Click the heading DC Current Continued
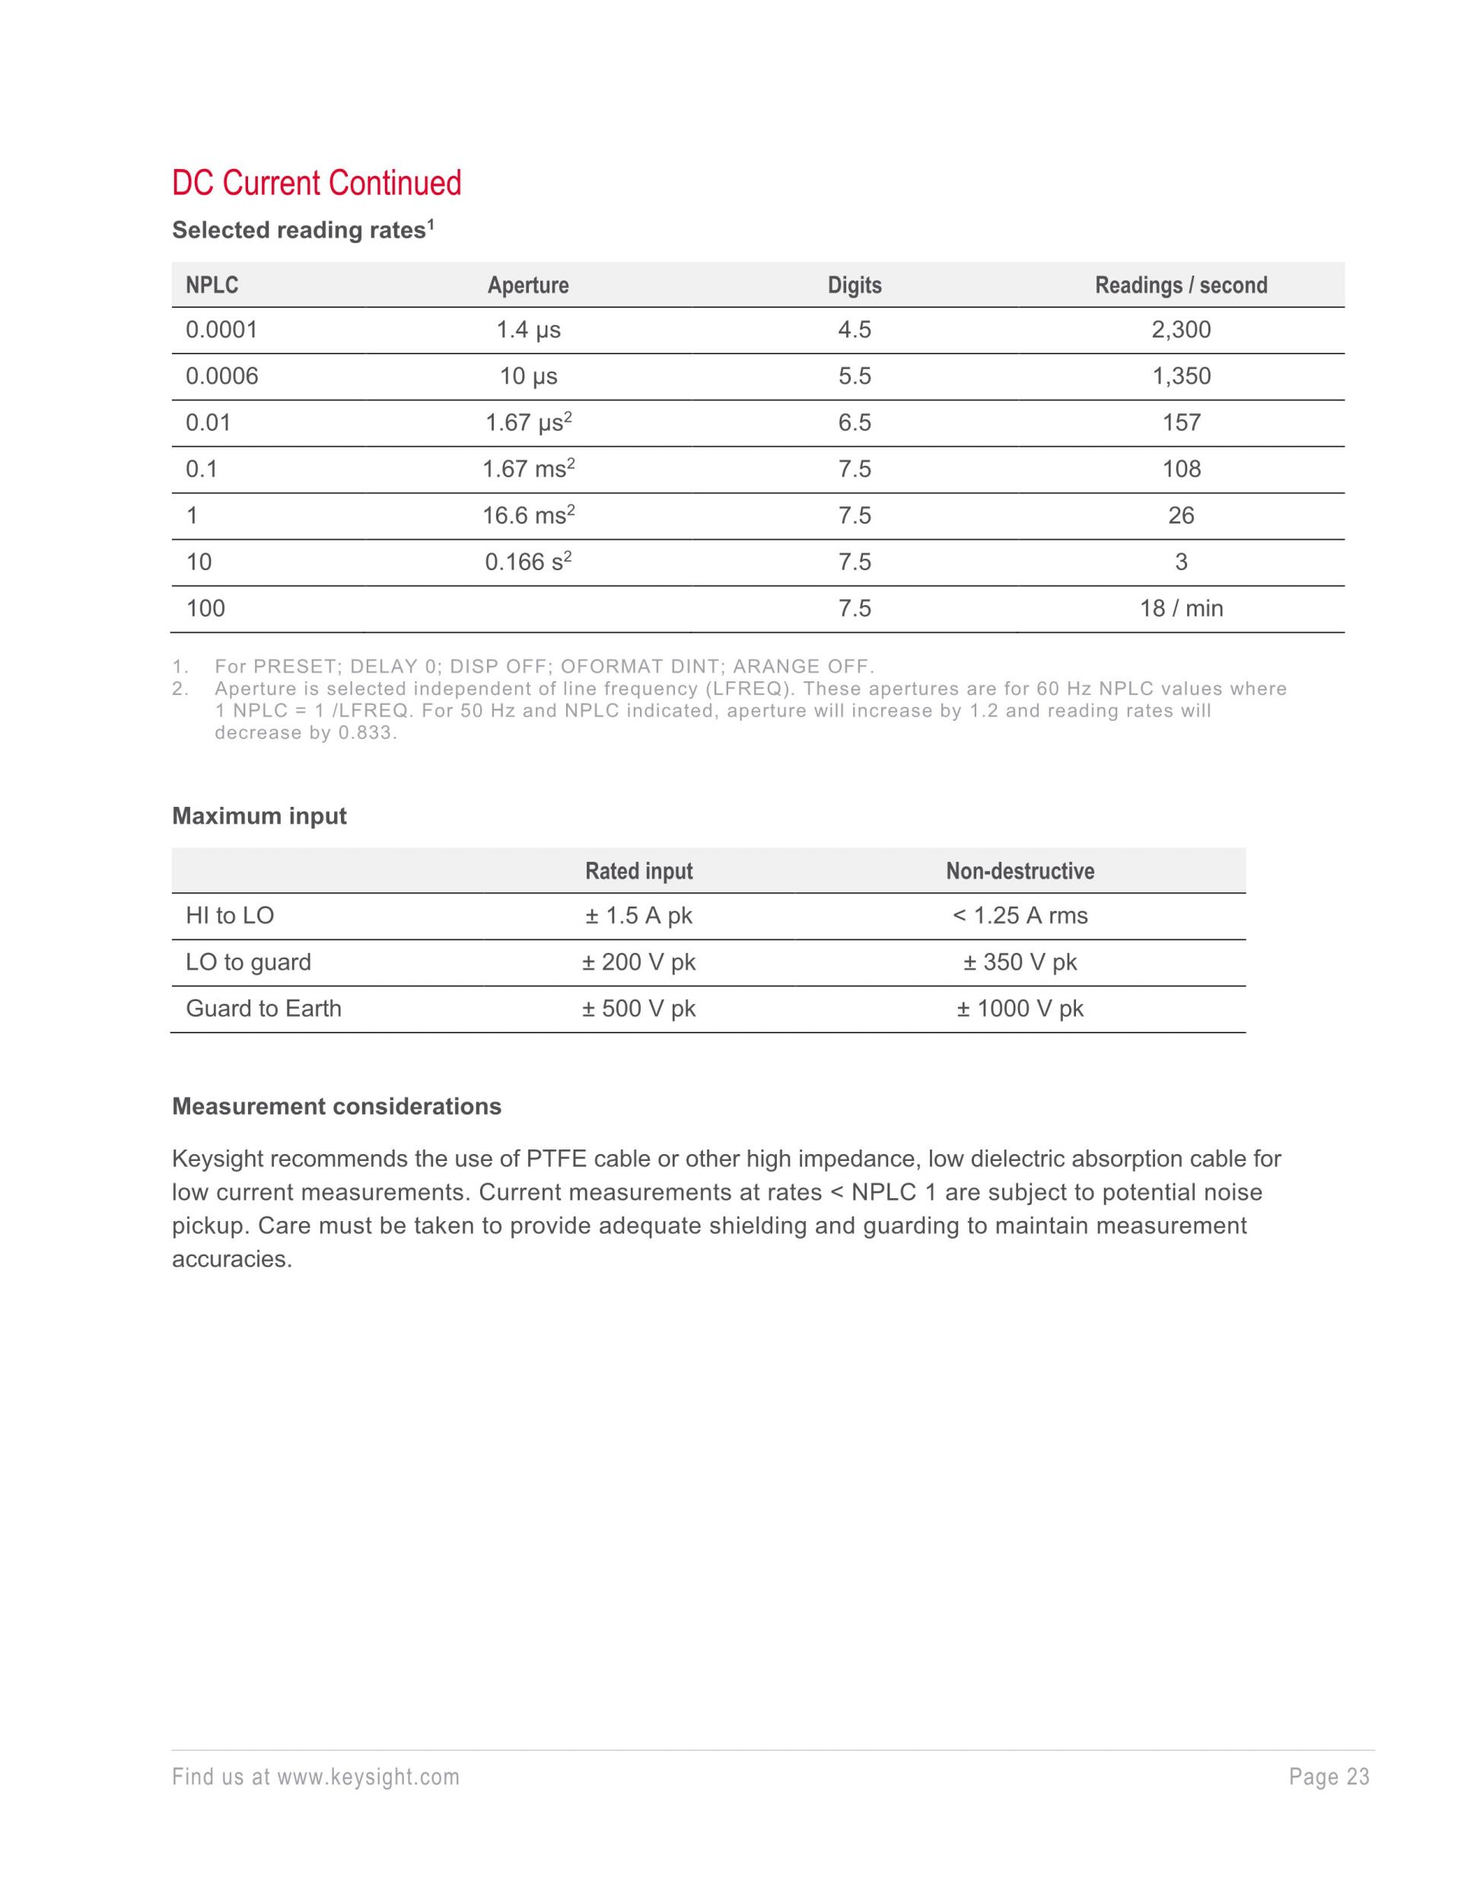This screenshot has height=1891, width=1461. click(316, 183)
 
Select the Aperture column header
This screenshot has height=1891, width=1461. click(528, 285)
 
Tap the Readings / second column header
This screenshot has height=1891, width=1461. click(1180, 285)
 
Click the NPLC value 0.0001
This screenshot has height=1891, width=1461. click(221, 330)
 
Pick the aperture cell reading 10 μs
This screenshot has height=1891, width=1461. click(528, 377)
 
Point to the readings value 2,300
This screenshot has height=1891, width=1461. click(1180, 330)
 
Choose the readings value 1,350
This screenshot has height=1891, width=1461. click(1180, 377)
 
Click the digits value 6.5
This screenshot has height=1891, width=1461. click(855, 423)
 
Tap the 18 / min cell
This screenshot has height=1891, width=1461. click(1180, 609)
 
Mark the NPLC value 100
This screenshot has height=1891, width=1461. click(206, 609)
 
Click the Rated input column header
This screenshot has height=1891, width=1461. click(638, 871)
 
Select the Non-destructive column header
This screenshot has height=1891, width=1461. click(1020, 871)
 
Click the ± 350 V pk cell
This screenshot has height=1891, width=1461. click(1020, 963)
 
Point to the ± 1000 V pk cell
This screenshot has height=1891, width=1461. click(1020, 1009)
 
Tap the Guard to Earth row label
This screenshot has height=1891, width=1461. click(263, 1009)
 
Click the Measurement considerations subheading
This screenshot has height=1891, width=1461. click(336, 1107)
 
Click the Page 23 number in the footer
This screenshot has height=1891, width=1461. click(1329, 1778)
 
